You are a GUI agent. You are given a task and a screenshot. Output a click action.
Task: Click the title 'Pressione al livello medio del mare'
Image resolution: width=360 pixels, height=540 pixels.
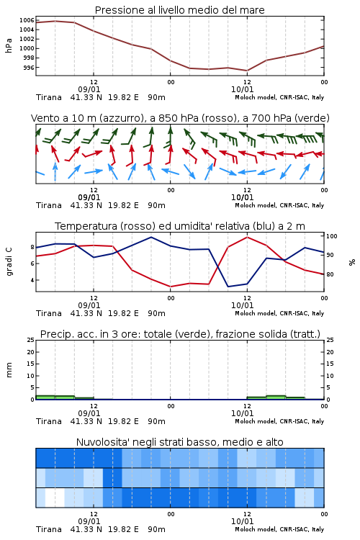coord(179,10)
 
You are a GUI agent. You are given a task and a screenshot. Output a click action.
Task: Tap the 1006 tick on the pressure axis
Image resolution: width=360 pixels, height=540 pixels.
coord(27,20)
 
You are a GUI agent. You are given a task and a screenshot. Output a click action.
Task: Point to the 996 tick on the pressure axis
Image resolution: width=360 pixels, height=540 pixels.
coord(29,68)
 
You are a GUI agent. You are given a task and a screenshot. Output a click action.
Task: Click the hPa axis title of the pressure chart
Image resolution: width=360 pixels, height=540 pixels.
coord(9,45)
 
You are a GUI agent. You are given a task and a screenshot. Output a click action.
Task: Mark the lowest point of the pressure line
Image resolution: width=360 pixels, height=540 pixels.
coord(247,71)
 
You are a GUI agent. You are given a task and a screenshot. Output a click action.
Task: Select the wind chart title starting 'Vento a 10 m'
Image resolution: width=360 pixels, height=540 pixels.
coord(180,118)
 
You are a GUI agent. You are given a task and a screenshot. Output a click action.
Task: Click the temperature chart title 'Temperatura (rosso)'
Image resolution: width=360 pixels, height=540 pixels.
coord(180,226)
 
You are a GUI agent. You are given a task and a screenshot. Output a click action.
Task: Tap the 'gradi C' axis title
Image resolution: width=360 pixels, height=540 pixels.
coord(9,262)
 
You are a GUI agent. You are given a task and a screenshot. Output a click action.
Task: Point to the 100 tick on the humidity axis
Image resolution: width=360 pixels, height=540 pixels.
coord(332,236)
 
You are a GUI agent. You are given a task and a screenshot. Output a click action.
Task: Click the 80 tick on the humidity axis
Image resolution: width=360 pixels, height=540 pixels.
coord(330,274)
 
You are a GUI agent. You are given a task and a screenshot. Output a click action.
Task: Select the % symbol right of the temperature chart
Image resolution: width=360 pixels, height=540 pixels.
coord(352,262)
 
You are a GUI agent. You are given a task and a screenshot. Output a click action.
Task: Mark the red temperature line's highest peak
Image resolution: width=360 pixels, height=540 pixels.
coord(247,237)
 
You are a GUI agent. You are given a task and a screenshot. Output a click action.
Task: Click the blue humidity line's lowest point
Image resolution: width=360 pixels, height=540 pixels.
coord(228,287)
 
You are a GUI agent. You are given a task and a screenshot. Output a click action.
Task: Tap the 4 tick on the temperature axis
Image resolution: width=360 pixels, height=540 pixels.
coord(32,280)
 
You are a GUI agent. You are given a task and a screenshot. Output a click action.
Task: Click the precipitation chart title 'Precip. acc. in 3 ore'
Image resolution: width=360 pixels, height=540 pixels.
coord(180,334)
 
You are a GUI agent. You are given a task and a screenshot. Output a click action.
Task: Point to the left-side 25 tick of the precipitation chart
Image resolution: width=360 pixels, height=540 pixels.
coord(31,340)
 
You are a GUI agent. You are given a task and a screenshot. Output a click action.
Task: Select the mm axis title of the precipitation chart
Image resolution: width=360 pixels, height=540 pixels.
coord(9,370)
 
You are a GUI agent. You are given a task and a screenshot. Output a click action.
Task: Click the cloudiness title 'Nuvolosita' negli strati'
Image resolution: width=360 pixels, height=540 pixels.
coord(180,442)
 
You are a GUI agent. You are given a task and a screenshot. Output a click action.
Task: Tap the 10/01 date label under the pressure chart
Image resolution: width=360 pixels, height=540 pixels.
coord(242,89)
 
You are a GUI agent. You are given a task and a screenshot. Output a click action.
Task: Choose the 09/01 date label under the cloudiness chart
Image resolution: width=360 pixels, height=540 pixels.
coord(89,521)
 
